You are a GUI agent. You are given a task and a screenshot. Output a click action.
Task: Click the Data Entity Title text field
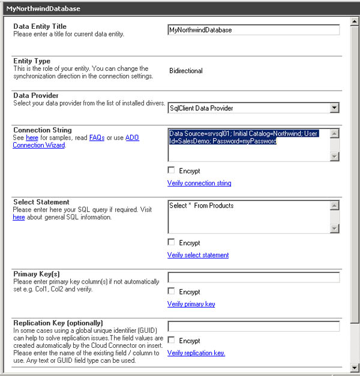(253, 30)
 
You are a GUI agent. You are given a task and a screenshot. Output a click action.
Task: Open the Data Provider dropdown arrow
(334, 108)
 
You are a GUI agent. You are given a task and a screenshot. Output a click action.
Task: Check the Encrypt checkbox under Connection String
(172, 170)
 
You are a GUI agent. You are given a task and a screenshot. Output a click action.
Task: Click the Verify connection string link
(199, 183)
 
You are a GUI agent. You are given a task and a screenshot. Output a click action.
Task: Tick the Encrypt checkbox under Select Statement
(172, 242)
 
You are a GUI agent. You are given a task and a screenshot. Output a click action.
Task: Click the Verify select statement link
(198, 255)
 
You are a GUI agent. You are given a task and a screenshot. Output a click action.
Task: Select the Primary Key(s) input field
(253, 278)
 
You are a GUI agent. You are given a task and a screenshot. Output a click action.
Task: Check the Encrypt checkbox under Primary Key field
(172, 291)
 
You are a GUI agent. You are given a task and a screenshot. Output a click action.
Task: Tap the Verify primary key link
(191, 304)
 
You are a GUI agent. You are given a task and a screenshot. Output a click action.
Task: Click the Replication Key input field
(253, 326)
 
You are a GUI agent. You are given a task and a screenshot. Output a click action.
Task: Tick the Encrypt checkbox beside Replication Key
(172, 340)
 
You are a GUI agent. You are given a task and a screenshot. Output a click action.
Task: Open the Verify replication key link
(196, 353)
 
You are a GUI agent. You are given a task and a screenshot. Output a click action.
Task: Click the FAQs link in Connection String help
(97, 138)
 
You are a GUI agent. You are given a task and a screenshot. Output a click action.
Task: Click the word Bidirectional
(186, 71)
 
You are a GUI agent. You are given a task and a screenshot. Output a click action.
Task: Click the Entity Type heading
(32, 61)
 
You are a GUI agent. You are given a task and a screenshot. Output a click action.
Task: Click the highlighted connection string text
(243, 137)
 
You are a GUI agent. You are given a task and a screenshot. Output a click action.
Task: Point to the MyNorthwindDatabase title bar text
(43, 9)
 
